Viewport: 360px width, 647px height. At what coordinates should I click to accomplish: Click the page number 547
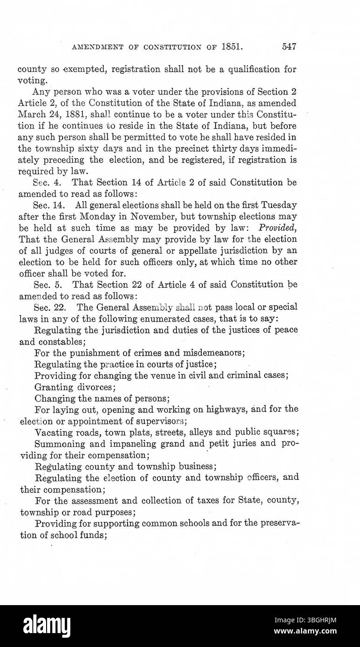pos(289,47)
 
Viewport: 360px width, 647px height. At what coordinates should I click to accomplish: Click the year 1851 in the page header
pos(234,47)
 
